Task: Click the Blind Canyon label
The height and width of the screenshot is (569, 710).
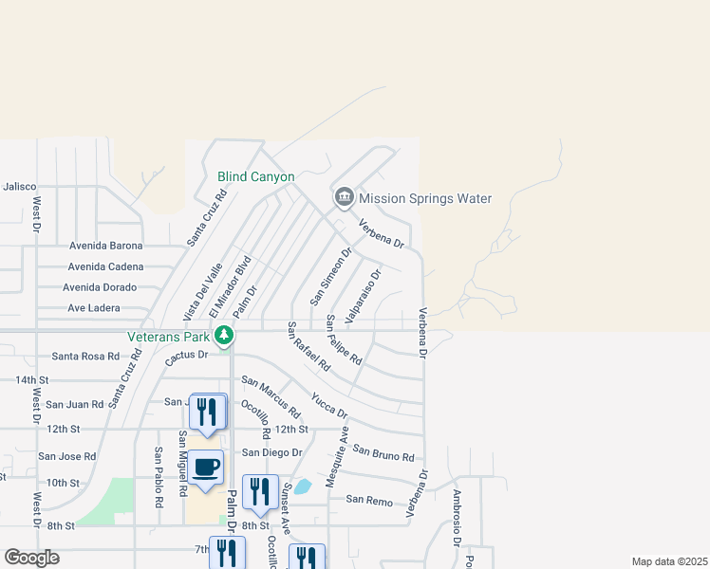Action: click(255, 177)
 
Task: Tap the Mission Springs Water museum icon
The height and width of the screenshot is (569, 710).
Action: click(344, 198)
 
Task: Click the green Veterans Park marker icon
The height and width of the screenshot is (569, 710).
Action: click(224, 335)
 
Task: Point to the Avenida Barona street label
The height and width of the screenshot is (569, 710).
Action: click(105, 246)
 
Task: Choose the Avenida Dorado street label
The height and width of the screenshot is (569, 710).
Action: click(100, 287)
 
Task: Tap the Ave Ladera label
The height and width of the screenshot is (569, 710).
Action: click(94, 308)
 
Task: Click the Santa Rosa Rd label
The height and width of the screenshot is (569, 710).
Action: click(85, 357)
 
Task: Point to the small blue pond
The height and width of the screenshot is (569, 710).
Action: click(302, 487)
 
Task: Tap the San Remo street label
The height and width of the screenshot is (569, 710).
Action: click(368, 499)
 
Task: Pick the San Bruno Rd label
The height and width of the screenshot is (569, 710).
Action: click(383, 450)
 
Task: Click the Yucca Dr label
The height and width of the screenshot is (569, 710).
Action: click(329, 405)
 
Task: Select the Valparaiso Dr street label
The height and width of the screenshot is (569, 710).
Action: click(364, 296)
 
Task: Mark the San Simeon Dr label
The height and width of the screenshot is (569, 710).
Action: click(331, 277)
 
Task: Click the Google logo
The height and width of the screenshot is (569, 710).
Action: click(32, 558)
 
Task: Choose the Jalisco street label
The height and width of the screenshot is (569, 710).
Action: click(18, 187)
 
